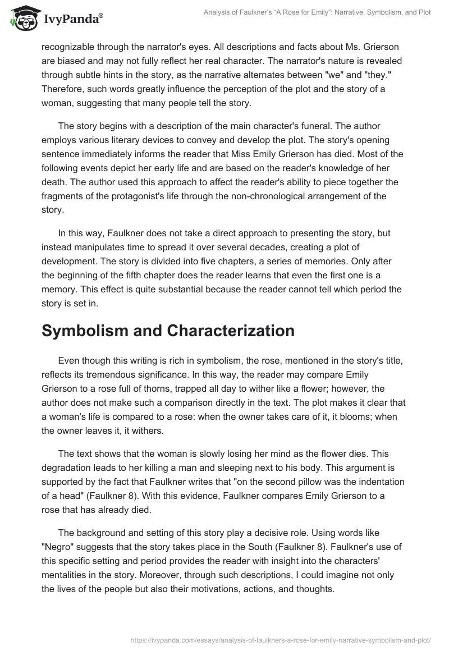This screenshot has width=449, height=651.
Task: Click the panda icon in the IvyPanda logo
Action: (21, 19)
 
